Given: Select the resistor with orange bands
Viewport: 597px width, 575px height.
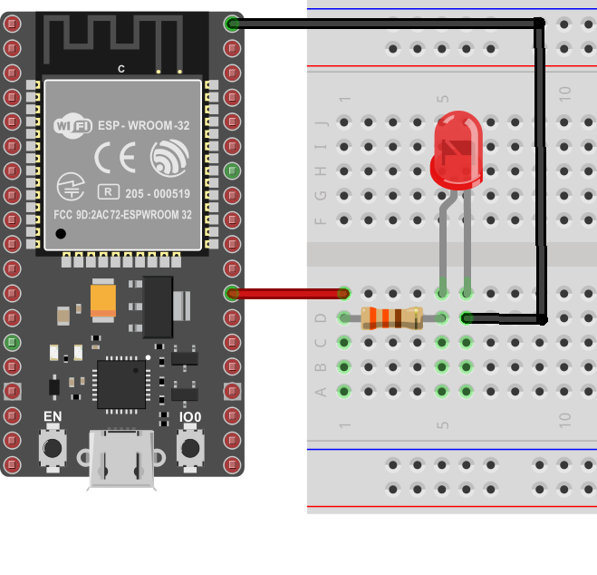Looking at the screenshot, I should tap(391, 317).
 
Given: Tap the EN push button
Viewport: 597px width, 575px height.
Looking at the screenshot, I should tap(54, 447).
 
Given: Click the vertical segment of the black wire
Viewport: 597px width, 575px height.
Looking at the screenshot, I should tap(541, 172).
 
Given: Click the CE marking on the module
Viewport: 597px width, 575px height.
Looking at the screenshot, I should tap(115, 159).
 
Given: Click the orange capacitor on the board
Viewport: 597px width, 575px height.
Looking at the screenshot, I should tap(102, 298).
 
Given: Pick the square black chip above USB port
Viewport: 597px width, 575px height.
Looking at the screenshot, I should tap(121, 383).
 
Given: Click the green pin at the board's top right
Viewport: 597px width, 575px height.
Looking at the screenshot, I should tap(232, 24).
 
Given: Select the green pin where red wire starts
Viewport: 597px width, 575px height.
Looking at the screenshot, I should tap(232, 293).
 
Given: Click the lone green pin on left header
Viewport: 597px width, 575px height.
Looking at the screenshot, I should tap(12, 342).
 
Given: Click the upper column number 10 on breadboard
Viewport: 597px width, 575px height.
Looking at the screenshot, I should tap(564, 92).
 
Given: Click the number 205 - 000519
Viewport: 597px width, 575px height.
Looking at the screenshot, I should tap(158, 192).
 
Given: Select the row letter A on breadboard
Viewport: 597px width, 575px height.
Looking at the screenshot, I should tap(319, 392).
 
